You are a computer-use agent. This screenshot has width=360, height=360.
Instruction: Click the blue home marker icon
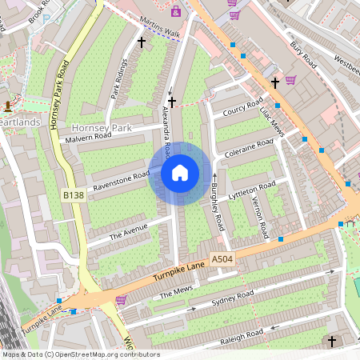tap(180, 173)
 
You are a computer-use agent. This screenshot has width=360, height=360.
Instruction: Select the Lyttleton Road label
tap(252, 191)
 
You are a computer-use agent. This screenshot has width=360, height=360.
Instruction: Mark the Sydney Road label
tap(232, 300)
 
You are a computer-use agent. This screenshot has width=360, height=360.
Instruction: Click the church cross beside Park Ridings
tap(142, 41)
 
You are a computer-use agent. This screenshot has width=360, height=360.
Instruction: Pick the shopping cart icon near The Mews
tap(121, 300)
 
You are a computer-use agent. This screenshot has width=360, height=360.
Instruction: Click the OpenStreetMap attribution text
tap(81, 354)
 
